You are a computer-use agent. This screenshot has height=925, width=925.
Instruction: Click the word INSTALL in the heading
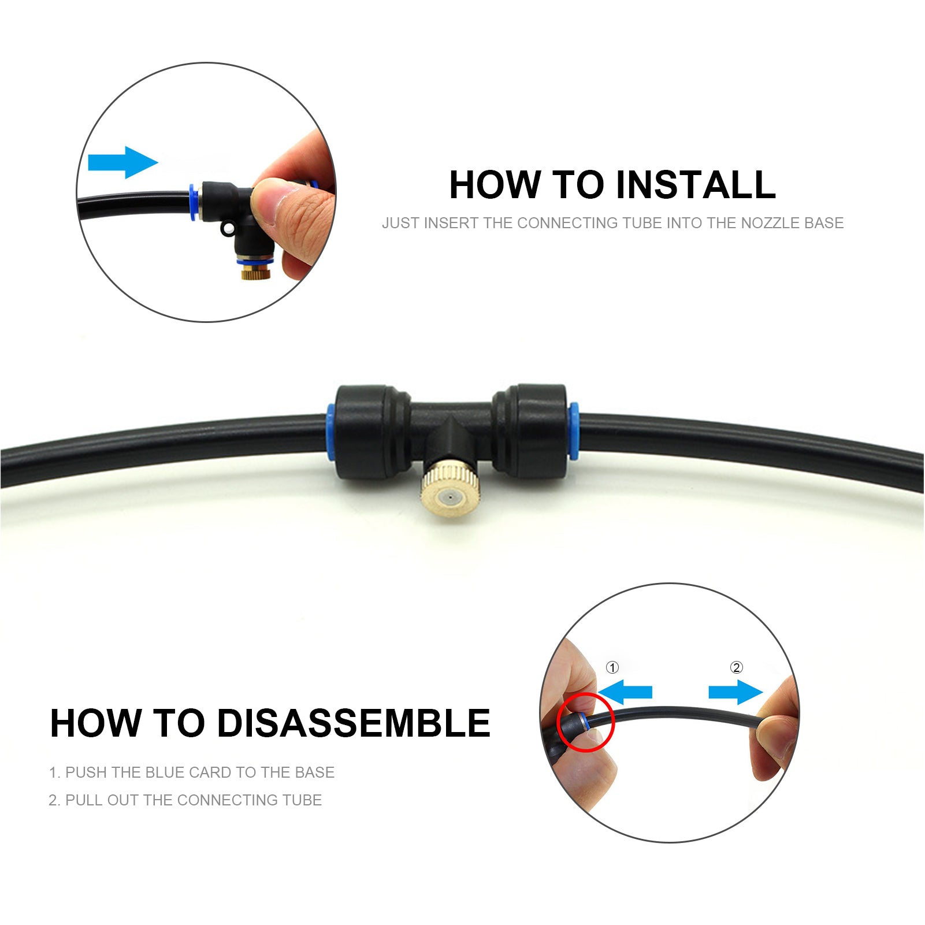(695, 185)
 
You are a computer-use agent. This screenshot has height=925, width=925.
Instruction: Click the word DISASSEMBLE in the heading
(354, 723)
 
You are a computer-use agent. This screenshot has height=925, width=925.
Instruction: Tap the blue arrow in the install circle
(122, 162)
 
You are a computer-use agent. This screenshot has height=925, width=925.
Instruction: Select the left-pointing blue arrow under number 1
(625, 692)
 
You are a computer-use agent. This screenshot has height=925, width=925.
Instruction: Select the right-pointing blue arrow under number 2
(735, 692)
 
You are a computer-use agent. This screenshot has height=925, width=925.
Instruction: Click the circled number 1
(612, 668)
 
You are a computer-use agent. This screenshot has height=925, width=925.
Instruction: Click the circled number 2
(736, 668)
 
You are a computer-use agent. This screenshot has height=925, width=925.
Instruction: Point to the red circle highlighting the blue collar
(585, 722)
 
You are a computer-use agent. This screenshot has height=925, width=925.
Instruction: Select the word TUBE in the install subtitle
(641, 223)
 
